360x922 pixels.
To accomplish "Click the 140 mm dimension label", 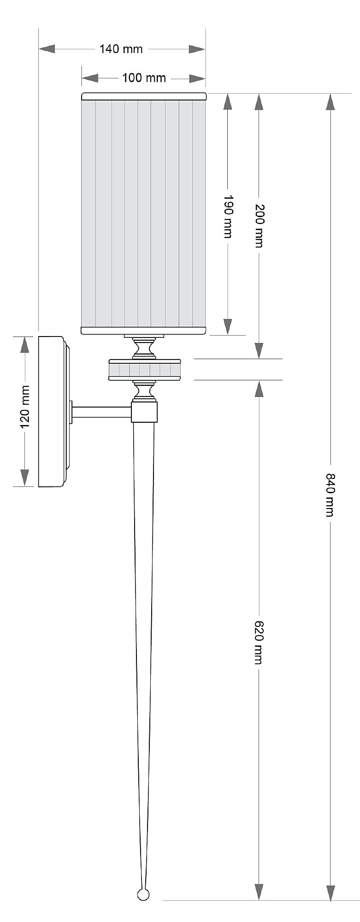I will [121, 49].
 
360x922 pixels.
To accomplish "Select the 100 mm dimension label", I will [144, 78].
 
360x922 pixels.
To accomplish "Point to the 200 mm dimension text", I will [259, 226].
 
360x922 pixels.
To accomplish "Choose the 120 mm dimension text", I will [25, 406].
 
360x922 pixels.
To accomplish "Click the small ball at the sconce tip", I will [143, 895].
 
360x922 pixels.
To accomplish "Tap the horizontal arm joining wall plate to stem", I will [101, 412].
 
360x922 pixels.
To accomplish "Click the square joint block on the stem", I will [144, 412].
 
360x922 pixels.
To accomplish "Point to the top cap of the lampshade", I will [144, 96].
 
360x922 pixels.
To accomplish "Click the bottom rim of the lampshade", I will [144, 330].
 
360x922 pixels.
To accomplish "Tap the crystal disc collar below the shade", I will [144, 370].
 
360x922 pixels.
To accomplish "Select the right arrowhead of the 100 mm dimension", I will [197, 79].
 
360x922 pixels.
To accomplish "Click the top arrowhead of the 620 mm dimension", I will [259, 389].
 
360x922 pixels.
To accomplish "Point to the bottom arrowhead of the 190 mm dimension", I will [228, 326].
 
